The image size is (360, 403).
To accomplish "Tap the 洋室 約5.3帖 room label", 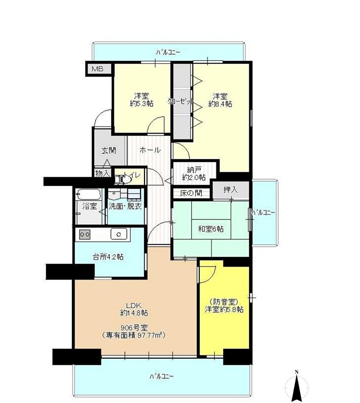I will coord(141,100).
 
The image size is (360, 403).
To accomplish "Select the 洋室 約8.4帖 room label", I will coord(220,100).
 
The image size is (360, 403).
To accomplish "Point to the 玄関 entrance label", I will coord(109,150).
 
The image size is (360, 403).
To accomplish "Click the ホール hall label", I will coord(150,150).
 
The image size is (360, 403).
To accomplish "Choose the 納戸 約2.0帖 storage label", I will coord(194,173).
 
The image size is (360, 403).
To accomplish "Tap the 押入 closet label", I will coord(231,190).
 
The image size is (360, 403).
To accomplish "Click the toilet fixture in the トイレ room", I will coord(119,178).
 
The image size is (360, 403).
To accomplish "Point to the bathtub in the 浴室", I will coord(89,194).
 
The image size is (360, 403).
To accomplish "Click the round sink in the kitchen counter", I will coord(119,234).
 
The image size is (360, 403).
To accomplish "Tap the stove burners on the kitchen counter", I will coord(84,234).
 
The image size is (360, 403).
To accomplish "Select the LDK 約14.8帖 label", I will coord(133,309).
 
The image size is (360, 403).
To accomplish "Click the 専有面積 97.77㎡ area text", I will coord(134,335).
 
